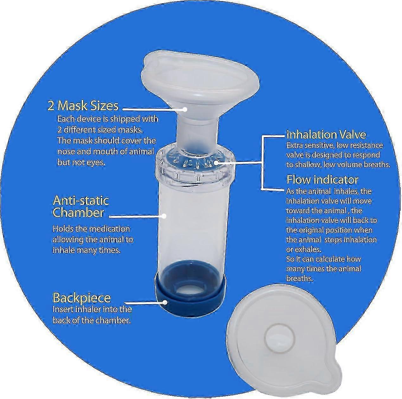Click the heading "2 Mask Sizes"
click(x=83, y=106)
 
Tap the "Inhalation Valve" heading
click(x=326, y=135)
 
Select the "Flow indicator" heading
click(x=322, y=180)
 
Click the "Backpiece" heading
click(x=81, y=298)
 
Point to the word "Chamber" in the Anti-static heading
click(x=78, y=213)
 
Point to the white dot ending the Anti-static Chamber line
click(x=164, y=216)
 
